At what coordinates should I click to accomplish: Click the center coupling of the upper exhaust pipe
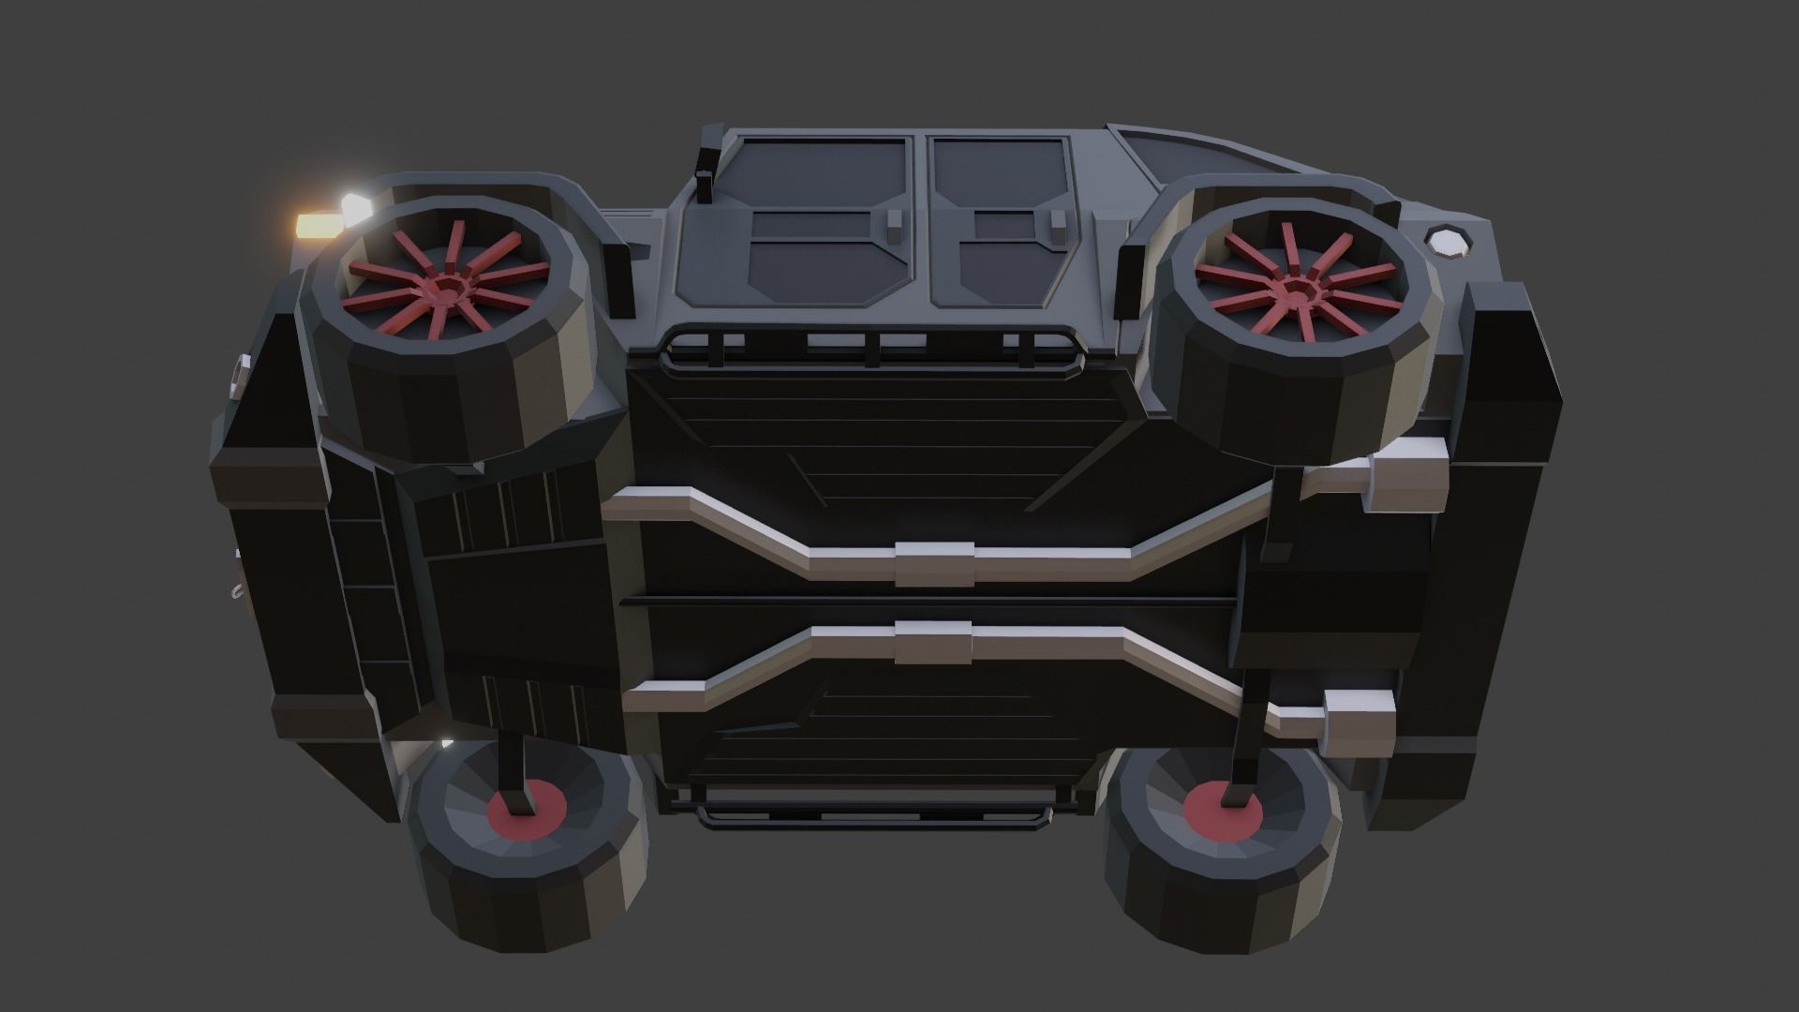coord(934,563)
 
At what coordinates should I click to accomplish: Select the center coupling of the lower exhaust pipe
coord(934,642)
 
